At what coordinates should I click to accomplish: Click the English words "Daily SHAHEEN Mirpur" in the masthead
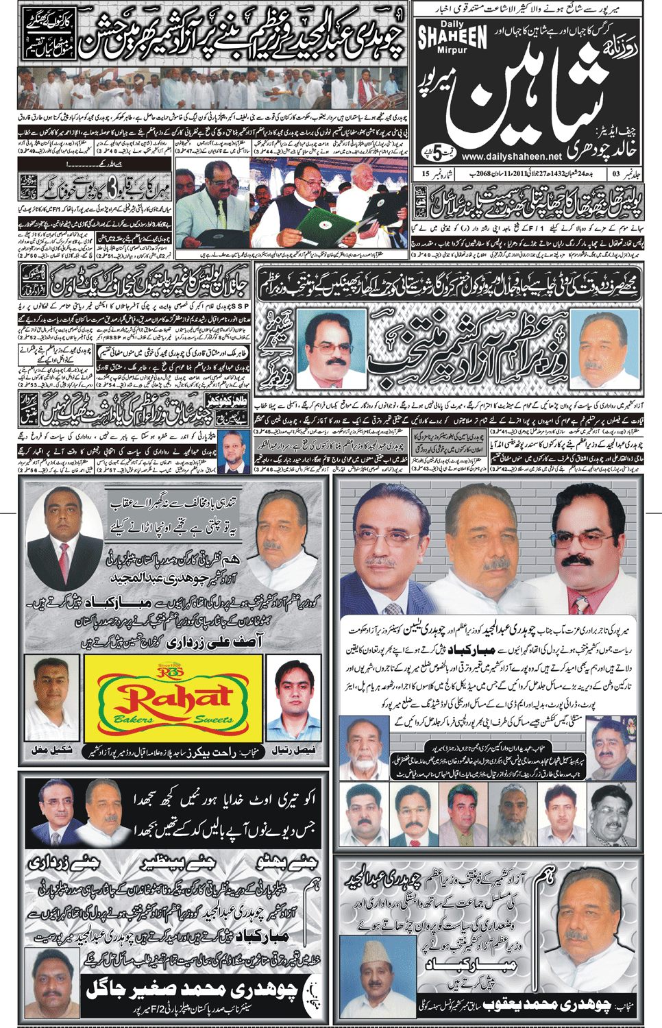(452, 38)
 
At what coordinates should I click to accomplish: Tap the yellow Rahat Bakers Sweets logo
(173, 697)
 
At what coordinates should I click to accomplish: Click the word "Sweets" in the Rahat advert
(213, 720)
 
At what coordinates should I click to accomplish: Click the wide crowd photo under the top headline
(212, 88)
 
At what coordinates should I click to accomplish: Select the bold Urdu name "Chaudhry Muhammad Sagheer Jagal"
(192, 988)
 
